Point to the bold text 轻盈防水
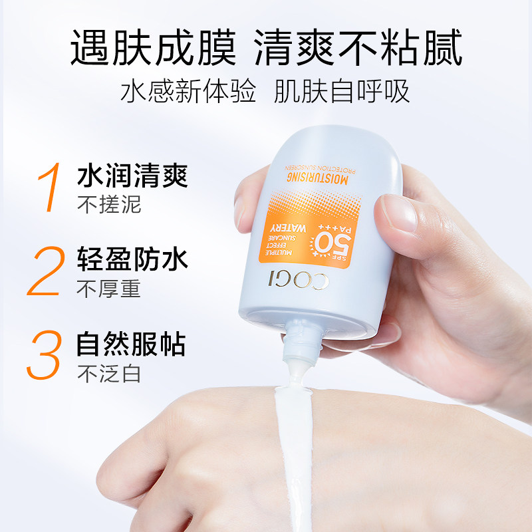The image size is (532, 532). click(x=132, y=261)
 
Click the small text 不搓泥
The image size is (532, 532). click(x=110, y=204)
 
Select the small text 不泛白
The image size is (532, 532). click(x=110, y=374)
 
